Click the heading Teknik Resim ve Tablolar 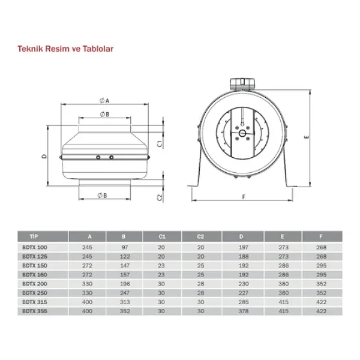(x=65, y=49)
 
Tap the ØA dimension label (x=104, y=101)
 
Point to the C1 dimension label (x=160, y=144)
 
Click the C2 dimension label (x=160, y=197)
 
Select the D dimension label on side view (x=44, y=157)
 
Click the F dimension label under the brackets (x=244, y=197)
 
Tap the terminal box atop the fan (x=242, y=84)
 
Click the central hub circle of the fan (x=242, y=133)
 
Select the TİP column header (x=34, y=236)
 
